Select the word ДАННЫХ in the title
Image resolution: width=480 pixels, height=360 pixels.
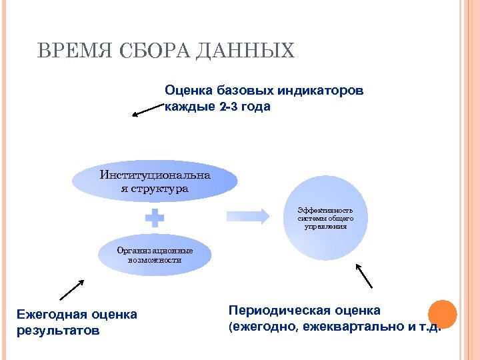245,51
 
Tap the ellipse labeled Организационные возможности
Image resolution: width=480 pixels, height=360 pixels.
155,255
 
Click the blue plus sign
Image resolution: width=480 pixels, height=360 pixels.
155,218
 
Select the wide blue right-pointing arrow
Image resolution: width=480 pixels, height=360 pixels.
248,215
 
